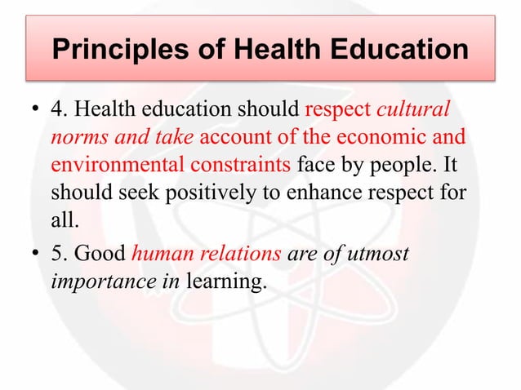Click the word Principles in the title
coord(114,51)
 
